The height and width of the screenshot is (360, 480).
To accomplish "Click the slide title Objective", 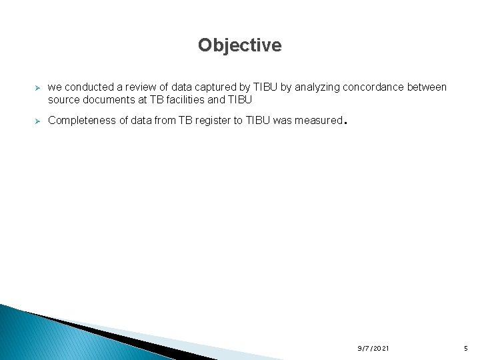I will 239,45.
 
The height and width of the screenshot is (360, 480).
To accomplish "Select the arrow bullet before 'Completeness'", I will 38,121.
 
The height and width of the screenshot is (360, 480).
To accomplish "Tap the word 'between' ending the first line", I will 428,87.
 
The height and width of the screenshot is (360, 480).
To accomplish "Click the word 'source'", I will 65,99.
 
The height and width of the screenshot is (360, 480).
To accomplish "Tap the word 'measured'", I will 317,121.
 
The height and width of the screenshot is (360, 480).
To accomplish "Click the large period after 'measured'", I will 344,123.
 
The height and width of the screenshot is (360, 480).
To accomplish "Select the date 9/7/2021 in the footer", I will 373,349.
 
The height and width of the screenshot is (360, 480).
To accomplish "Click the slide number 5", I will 465,349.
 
